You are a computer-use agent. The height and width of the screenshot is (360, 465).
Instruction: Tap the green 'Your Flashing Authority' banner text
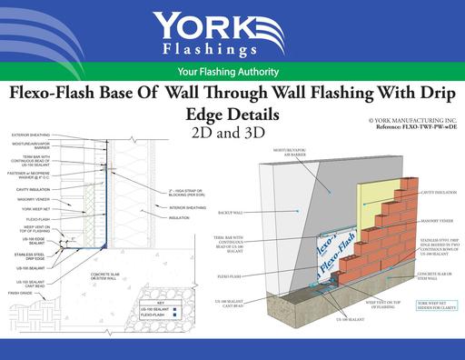(x=232, y=71)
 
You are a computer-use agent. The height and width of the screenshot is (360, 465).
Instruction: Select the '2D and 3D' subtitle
(x=233, y=132)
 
